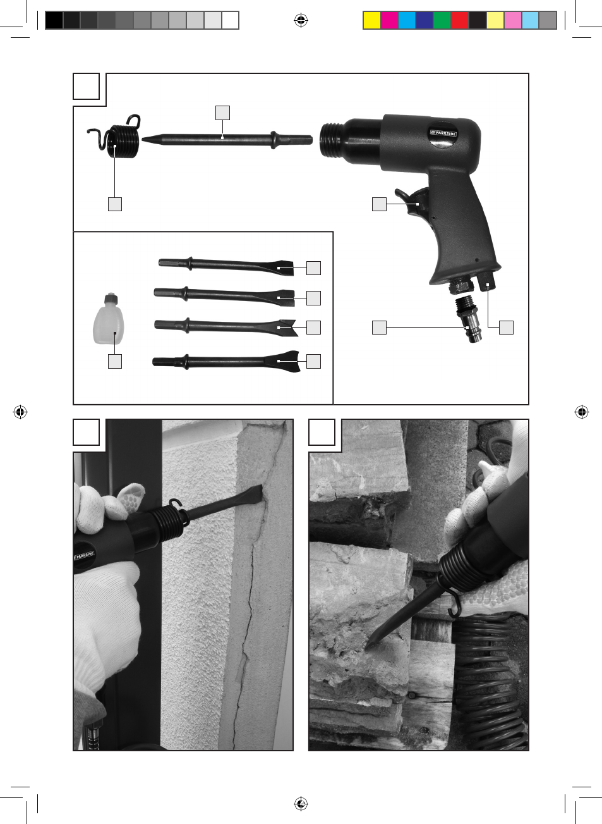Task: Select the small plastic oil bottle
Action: point(109,319)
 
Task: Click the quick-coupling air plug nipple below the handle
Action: point(466,319)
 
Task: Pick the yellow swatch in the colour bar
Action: point(372,20)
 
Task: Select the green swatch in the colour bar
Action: point(442,20)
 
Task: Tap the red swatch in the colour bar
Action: point(460,20)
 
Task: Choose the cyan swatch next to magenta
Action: point(407,20)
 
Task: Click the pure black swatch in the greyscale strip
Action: point(54,20)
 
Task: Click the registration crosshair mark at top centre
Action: point(301,20)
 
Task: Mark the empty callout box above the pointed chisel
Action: point(223,113)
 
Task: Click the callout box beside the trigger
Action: point(379,204)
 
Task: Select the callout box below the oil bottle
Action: point(115,361)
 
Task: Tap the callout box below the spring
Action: point(115,204)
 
